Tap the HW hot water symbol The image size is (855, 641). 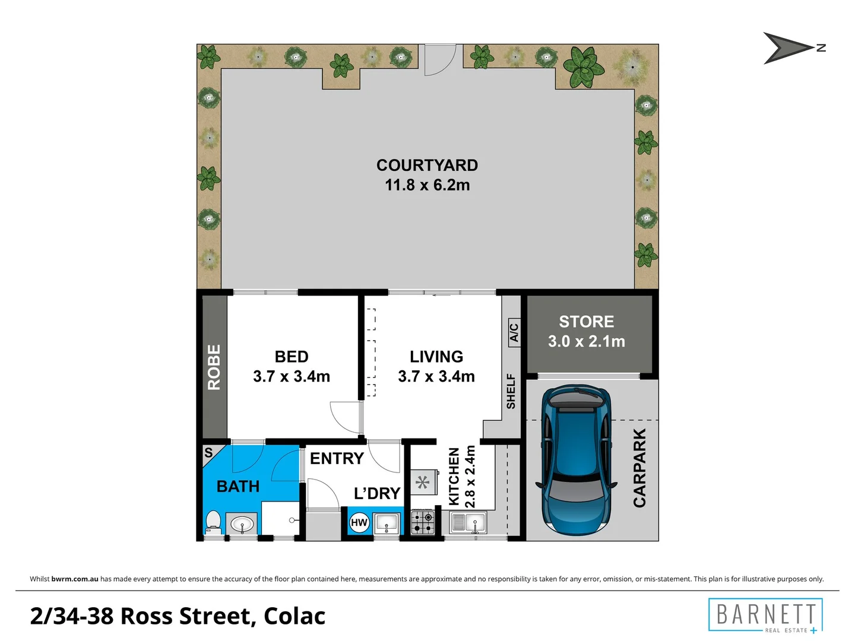pos(359,522)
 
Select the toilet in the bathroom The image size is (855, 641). pos(213,522)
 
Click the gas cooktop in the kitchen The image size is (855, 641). pos(422,522)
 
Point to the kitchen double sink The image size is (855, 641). pos(468,523)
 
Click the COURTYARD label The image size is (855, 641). pos(427,165)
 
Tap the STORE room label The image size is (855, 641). pos(586,322)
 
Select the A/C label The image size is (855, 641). pos(514,333)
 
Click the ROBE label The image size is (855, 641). pos(214,367)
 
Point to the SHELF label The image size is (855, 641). pos(511,391)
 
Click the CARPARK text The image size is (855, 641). pos(639,468)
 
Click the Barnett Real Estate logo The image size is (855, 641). pos(765,615)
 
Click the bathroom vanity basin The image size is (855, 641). pos(242,524)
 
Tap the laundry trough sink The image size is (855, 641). pos(387,523)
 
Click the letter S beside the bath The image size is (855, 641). pos(208,453)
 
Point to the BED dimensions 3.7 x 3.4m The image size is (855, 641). pos(292,376)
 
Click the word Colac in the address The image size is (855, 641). pos(294,616)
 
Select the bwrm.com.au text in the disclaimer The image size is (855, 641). pos(75,579)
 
